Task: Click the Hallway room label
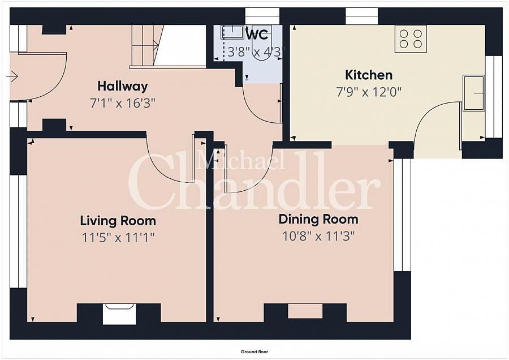[123, 87]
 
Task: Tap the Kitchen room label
[368, 75]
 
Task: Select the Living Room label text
[118, 221]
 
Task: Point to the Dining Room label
[318, 219]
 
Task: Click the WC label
[258, 34]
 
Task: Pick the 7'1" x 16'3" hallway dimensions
[123, 104]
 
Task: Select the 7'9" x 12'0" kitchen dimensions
[369, 92]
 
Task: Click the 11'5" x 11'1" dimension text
[118, 238]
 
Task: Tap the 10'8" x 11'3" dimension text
[318, 236]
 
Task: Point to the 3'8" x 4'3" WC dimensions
[256, 52]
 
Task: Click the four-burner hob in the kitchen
[411, 38]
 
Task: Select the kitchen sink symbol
[474, 93]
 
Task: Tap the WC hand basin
[232, 32]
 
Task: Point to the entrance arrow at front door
[12, 76]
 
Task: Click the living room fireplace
[119, 314]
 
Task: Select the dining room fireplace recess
[305, 311]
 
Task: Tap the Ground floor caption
[255, 352]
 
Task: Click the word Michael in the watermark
[241, 160]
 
